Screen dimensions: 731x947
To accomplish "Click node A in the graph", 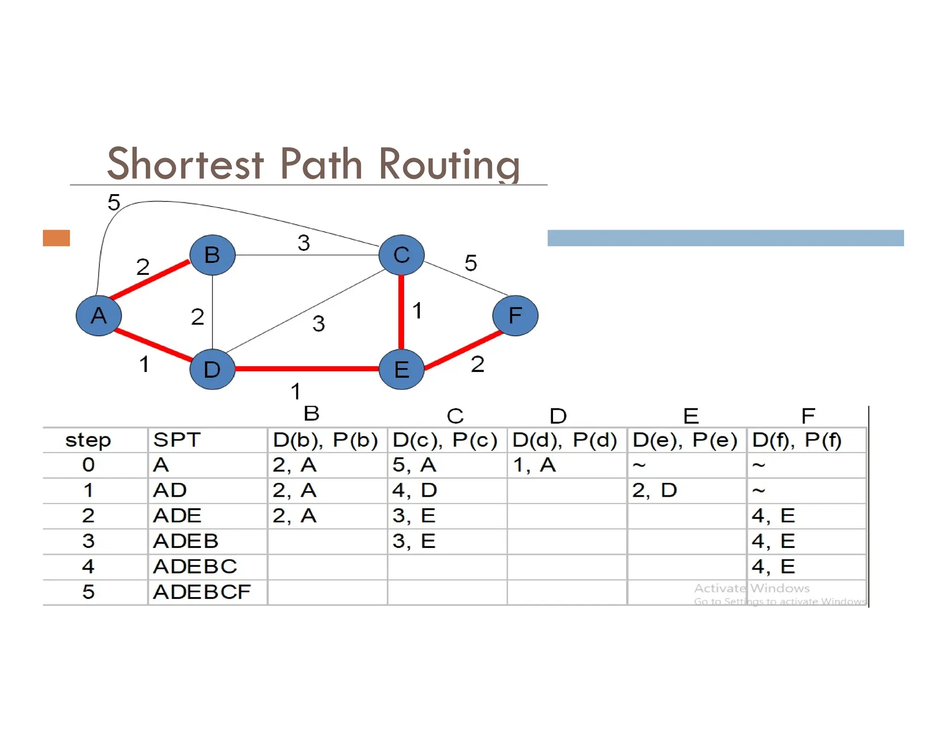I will point(98,316).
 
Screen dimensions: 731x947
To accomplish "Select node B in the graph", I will point(212,255).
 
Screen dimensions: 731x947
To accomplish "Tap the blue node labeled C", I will point(401,255).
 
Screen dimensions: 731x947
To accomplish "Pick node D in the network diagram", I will point(212,369).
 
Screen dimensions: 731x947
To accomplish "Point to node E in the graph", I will point(401,369).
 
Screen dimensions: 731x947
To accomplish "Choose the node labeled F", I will point(515,316).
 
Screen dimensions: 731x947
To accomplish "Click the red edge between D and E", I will point(307,369).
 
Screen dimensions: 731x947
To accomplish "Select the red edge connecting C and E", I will point(401,312).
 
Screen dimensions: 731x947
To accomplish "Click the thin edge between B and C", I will point(307,255).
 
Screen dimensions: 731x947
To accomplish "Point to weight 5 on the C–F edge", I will point(471,263).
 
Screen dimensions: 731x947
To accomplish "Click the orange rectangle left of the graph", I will point(56,238).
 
